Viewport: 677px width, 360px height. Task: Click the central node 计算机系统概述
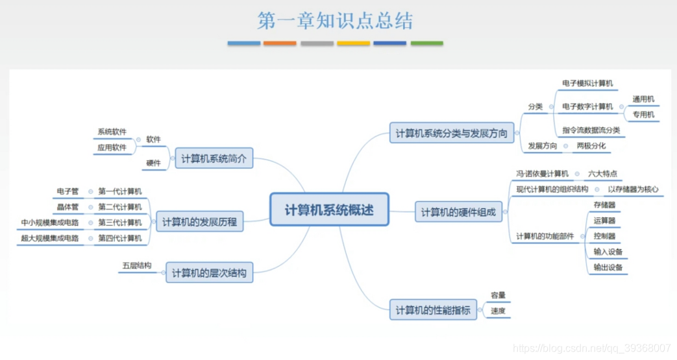[329, 210]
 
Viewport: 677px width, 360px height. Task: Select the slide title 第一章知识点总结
[335, 21]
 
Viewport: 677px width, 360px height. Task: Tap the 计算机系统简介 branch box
[214, 158]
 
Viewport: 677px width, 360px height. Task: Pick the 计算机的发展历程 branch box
[199, 222]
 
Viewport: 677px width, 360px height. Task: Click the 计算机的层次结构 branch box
[209, 273]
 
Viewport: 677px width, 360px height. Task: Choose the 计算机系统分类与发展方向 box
[452, 133]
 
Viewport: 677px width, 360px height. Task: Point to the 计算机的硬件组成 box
[458, 212]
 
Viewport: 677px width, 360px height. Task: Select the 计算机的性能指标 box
[433, 310]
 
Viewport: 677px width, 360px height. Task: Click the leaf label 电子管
[68, 191]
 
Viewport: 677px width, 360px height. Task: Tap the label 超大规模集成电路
[50, 238]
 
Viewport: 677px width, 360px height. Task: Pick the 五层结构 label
[137, 265]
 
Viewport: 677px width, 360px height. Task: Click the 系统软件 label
[112, 132]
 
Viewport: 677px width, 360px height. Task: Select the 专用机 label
[643, 115]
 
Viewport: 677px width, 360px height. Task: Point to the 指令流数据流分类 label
[591, 130]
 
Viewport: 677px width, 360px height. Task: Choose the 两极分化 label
[591, 146]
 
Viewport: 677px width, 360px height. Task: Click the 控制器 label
[604, 236]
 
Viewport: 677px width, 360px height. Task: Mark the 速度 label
[498, 311]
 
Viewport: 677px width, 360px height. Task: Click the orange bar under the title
[280, 43]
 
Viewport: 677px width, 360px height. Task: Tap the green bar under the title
[426, 43]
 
